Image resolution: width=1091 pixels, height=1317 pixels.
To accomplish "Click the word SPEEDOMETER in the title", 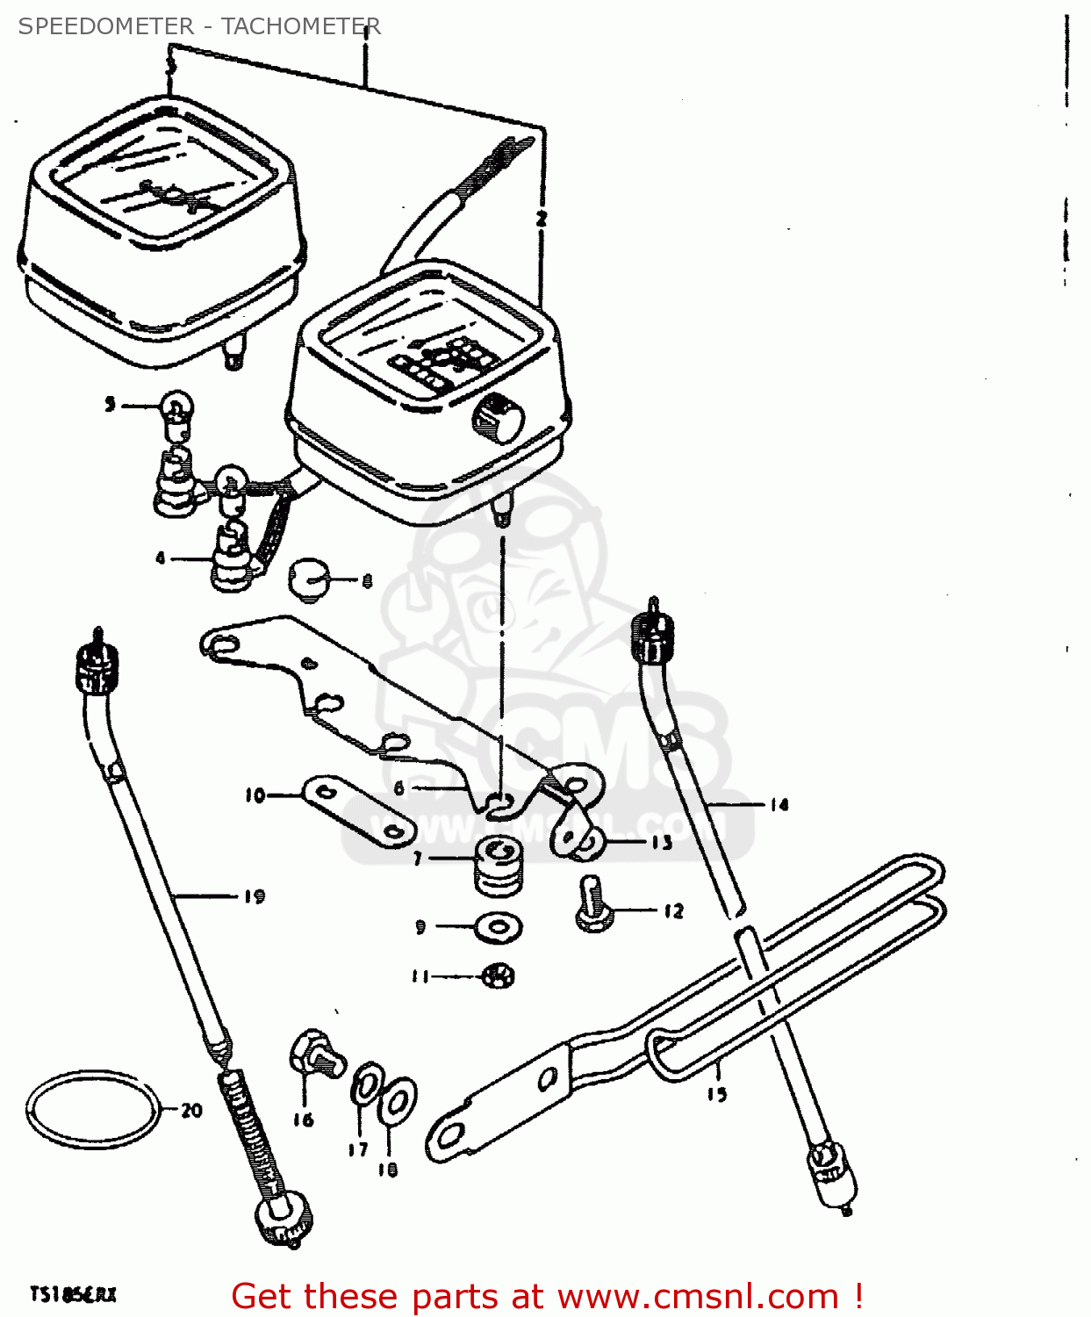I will pos(105,26).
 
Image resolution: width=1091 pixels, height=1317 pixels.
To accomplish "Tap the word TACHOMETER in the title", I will pos(300,26).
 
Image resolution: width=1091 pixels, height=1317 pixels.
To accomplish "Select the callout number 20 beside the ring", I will pos(191,1111).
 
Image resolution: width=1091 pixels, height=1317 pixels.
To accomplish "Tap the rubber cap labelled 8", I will pos(308,579).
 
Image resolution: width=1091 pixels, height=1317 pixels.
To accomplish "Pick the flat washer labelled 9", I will pos(499,925).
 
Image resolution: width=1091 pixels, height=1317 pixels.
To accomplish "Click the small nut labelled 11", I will pos(499,975).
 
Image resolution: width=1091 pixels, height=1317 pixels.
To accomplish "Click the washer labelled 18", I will pos(398,1102).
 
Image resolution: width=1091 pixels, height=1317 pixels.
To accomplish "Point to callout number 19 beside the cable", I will pos(254,896).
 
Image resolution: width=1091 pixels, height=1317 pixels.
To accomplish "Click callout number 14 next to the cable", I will pos(779,804).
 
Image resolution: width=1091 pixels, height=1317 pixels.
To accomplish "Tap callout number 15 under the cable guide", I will pos(717,1094).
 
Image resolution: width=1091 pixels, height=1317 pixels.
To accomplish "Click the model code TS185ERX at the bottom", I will pos(73,1295).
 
